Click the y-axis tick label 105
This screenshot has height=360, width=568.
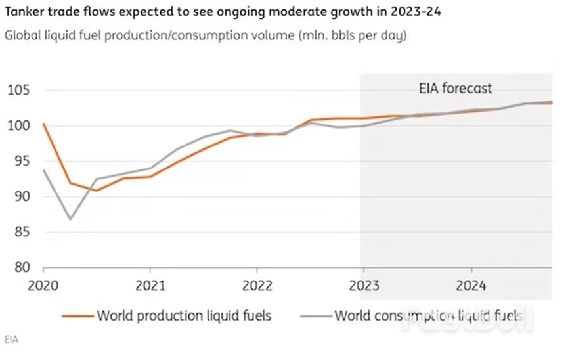tap(18, 90)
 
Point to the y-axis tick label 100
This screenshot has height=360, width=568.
tap(18, 125)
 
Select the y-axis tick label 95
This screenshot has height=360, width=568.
tap(22, 161)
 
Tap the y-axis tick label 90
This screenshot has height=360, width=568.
tap(22, 196)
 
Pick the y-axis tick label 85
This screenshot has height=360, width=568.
tap(22, 232)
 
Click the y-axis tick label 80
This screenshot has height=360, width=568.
tap(22, 267)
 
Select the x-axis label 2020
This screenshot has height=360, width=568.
tap(43, 286)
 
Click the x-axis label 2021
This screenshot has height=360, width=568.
tap(150, 286)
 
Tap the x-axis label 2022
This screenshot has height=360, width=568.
tap(257, 286)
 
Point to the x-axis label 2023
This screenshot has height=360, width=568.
tap(364, 286)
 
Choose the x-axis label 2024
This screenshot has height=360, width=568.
tap(471, 286)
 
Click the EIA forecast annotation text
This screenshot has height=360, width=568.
tap(455, 89)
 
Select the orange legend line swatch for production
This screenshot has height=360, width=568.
tap(77, 316)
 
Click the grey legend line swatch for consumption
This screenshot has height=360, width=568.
tap(316, 316)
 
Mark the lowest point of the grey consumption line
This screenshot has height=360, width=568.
tap(70, 219)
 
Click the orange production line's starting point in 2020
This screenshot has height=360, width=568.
tap(44, 124)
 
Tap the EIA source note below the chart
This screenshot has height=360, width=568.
tap(11, 340)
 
